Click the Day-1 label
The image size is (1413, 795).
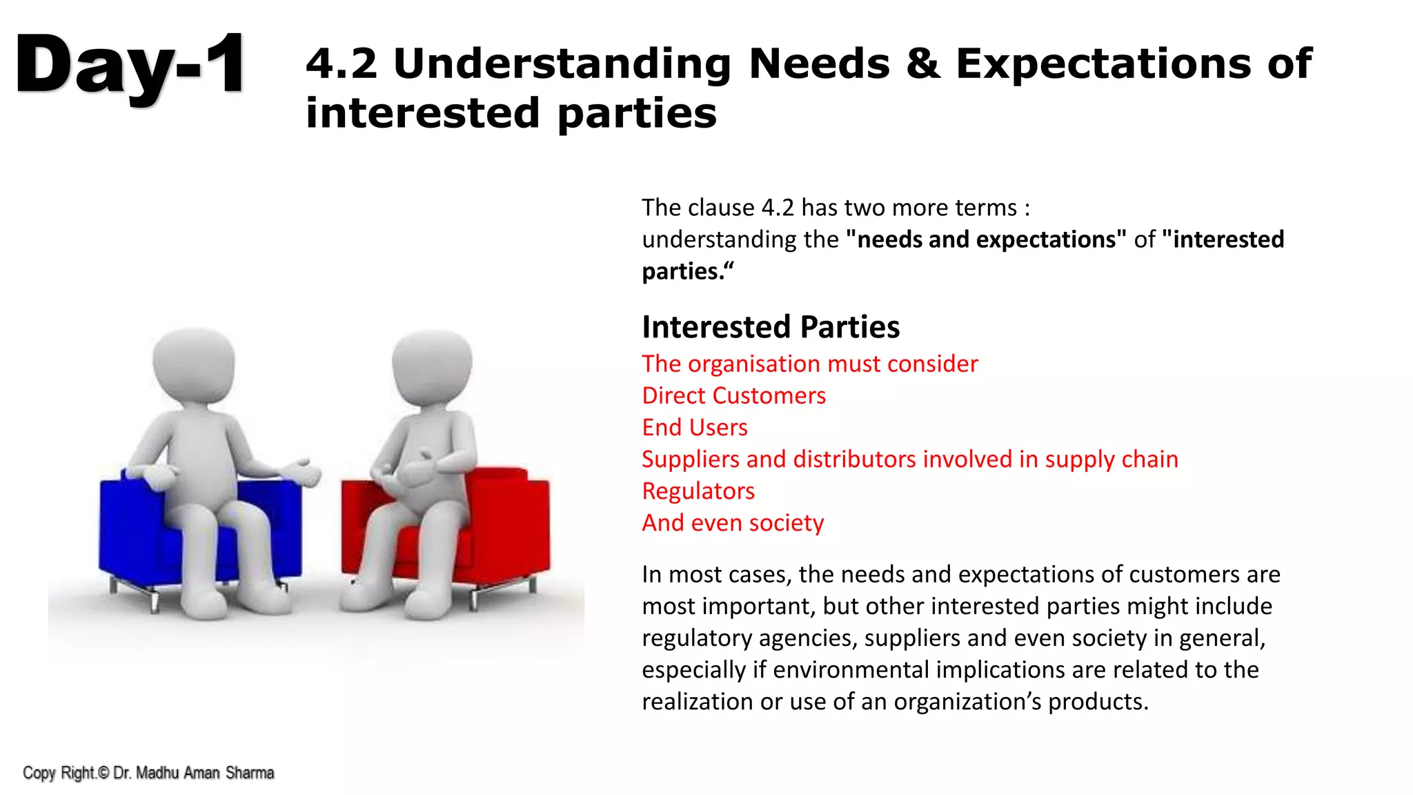[x=130, y=66]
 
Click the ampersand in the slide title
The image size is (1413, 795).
[x=923, y=63]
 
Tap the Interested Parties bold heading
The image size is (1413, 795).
[x=770, y=327]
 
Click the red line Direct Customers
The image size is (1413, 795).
[x=733, y=395]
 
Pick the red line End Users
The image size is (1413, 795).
[x=694, y=427]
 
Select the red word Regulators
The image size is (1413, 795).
[x=698, y=491]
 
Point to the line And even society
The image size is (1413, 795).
[x=732, y=522]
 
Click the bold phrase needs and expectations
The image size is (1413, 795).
[x=985, y=239]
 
